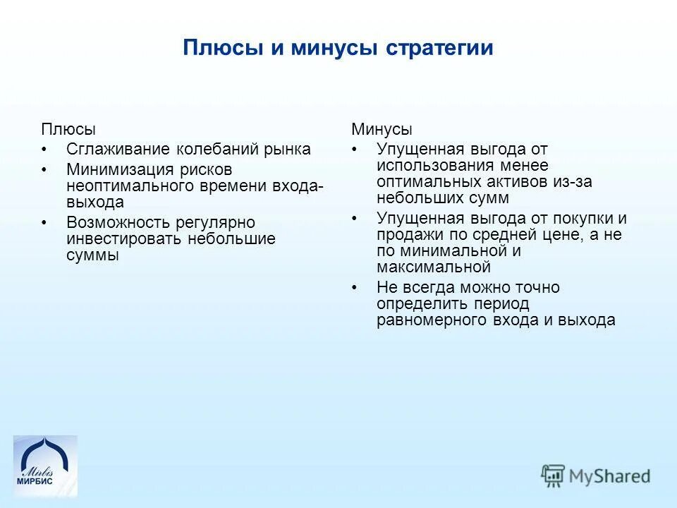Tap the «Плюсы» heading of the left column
coord(68,130)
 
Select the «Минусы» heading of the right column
coord(382,130)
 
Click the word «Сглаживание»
coord(118,150)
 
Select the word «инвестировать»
coord(124,239)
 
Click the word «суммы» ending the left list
coord(92,255)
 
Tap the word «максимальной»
coord(433,267)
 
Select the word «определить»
coord(419,303)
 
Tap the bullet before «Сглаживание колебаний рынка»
coord(46,150)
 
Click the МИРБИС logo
coord(45,466)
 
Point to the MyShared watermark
coord(595,475)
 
